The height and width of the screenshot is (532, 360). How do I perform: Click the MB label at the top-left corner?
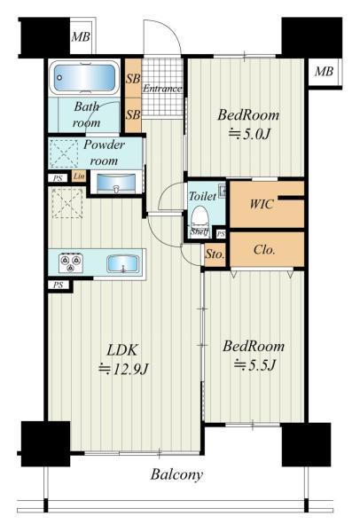81,37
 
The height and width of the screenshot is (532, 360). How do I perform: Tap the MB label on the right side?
324,72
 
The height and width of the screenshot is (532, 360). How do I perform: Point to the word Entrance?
161,89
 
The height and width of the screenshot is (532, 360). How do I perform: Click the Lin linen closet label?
79,176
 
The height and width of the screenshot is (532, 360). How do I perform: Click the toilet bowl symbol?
200,215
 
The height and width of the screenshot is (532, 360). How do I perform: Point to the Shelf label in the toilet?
199,234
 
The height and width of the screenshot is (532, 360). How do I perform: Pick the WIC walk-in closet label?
261,204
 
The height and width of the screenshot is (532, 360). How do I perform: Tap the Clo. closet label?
263,249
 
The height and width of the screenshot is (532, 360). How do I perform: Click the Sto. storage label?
215,254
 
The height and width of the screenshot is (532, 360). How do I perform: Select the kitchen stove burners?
71,262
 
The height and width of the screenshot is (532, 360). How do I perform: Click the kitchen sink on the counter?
121,263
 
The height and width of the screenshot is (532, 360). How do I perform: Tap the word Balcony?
176,474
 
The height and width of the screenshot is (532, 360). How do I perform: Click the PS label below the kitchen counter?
58,285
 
